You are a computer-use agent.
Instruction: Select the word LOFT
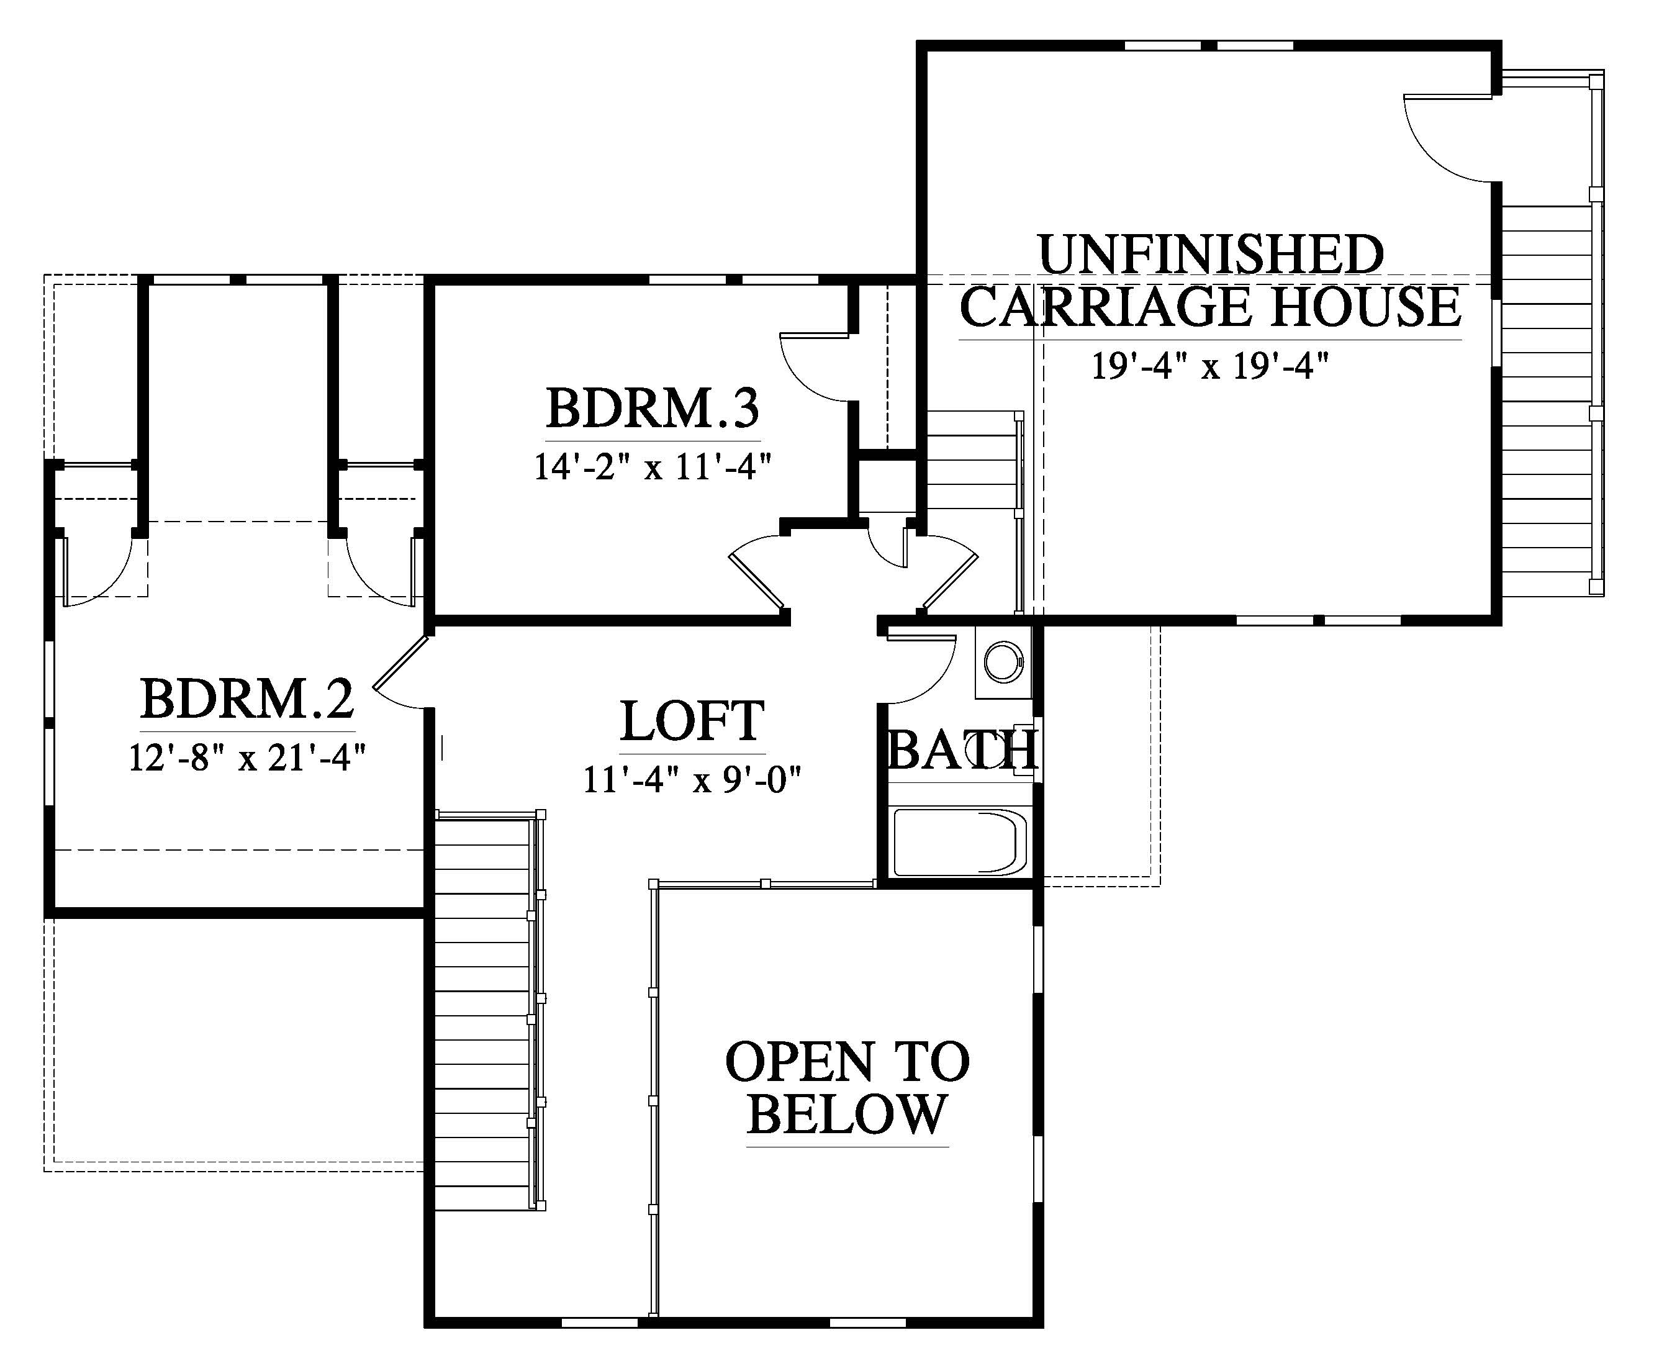tap(692, 721)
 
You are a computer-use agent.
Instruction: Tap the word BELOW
tap(847, 1114)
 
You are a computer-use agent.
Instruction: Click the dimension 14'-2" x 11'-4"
tap(653, 466)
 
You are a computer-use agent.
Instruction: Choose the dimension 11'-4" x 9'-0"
tap(692, 780)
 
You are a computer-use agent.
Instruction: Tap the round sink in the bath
tap(1003, 663)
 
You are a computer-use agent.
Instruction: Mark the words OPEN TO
tap(847, 1062)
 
